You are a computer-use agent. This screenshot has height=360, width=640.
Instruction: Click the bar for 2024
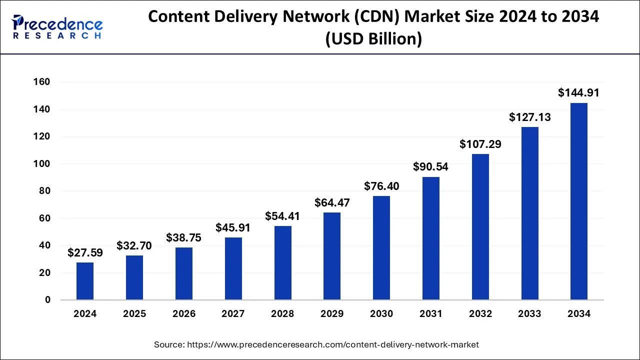pyautogui.click(x=85, y=281)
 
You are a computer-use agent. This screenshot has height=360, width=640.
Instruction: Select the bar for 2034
pyautogui.click(x=579, y=201)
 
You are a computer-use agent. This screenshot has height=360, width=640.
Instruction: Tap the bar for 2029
pyautogui.click(x=332, y=256)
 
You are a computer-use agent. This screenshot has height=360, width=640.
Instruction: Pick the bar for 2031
pyautogui.click(x=431, y=238)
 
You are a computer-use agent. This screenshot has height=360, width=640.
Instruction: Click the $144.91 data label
pyautogui.click(x=578, y=92)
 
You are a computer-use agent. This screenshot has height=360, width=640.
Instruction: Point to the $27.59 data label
pyautogui.click(x=85, y=252)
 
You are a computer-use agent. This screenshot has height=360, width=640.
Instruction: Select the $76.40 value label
pyautogui.click(x=381, y=186)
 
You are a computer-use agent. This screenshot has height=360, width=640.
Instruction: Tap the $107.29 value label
pyautogui.click(x=480, y=144)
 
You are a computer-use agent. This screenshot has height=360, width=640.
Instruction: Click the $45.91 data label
pyautogui.click(x=233, y=227)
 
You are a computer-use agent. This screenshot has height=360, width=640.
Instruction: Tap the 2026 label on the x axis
pyautogui.click(x=184, y=314)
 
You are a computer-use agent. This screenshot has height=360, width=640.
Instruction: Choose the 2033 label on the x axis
pyautogui.click(x=529, y=314)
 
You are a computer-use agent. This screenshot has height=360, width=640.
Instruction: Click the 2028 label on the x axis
pyautogui.click(x=282, y=314)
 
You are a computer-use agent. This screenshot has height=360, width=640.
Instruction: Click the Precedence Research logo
pyautogui.click(x=57, y=26)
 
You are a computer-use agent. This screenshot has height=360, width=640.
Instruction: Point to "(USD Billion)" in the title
pyautogui.click(x=373, y=38)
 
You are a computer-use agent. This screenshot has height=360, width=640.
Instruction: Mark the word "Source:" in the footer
pyautogui.click(x=169, y=344)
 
